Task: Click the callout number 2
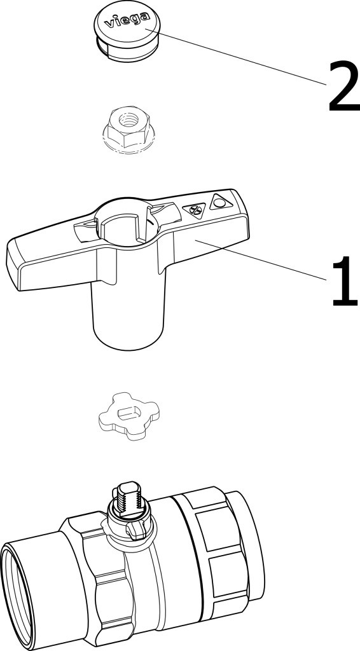(344, 86)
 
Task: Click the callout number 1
(345, 281)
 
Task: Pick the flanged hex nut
(128, 129)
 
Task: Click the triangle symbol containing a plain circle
(220, 202)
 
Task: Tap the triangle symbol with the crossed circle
(195, 210)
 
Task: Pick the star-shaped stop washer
(128, 416)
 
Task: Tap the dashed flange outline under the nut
(128, 143)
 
